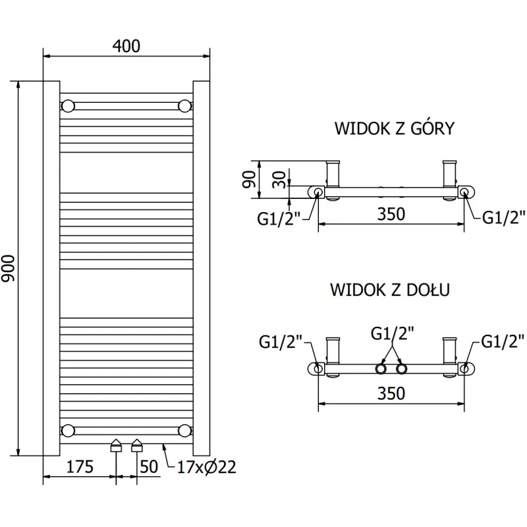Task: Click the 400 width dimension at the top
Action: [126, 45]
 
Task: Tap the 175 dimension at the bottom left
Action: [78, 468]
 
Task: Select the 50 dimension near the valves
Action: [150, 468]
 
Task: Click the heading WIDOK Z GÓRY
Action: [394, 128]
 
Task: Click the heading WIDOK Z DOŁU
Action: [390, 291]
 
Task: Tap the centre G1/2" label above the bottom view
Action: [393, 334]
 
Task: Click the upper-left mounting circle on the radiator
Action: [68, 105]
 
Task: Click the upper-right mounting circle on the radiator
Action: [185, 105]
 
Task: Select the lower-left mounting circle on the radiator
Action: [68, 431]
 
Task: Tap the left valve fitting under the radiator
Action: [116, 445]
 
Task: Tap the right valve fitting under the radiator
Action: [137, 445]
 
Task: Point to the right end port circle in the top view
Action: [464, 192]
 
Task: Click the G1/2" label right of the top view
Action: [504, 218]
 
